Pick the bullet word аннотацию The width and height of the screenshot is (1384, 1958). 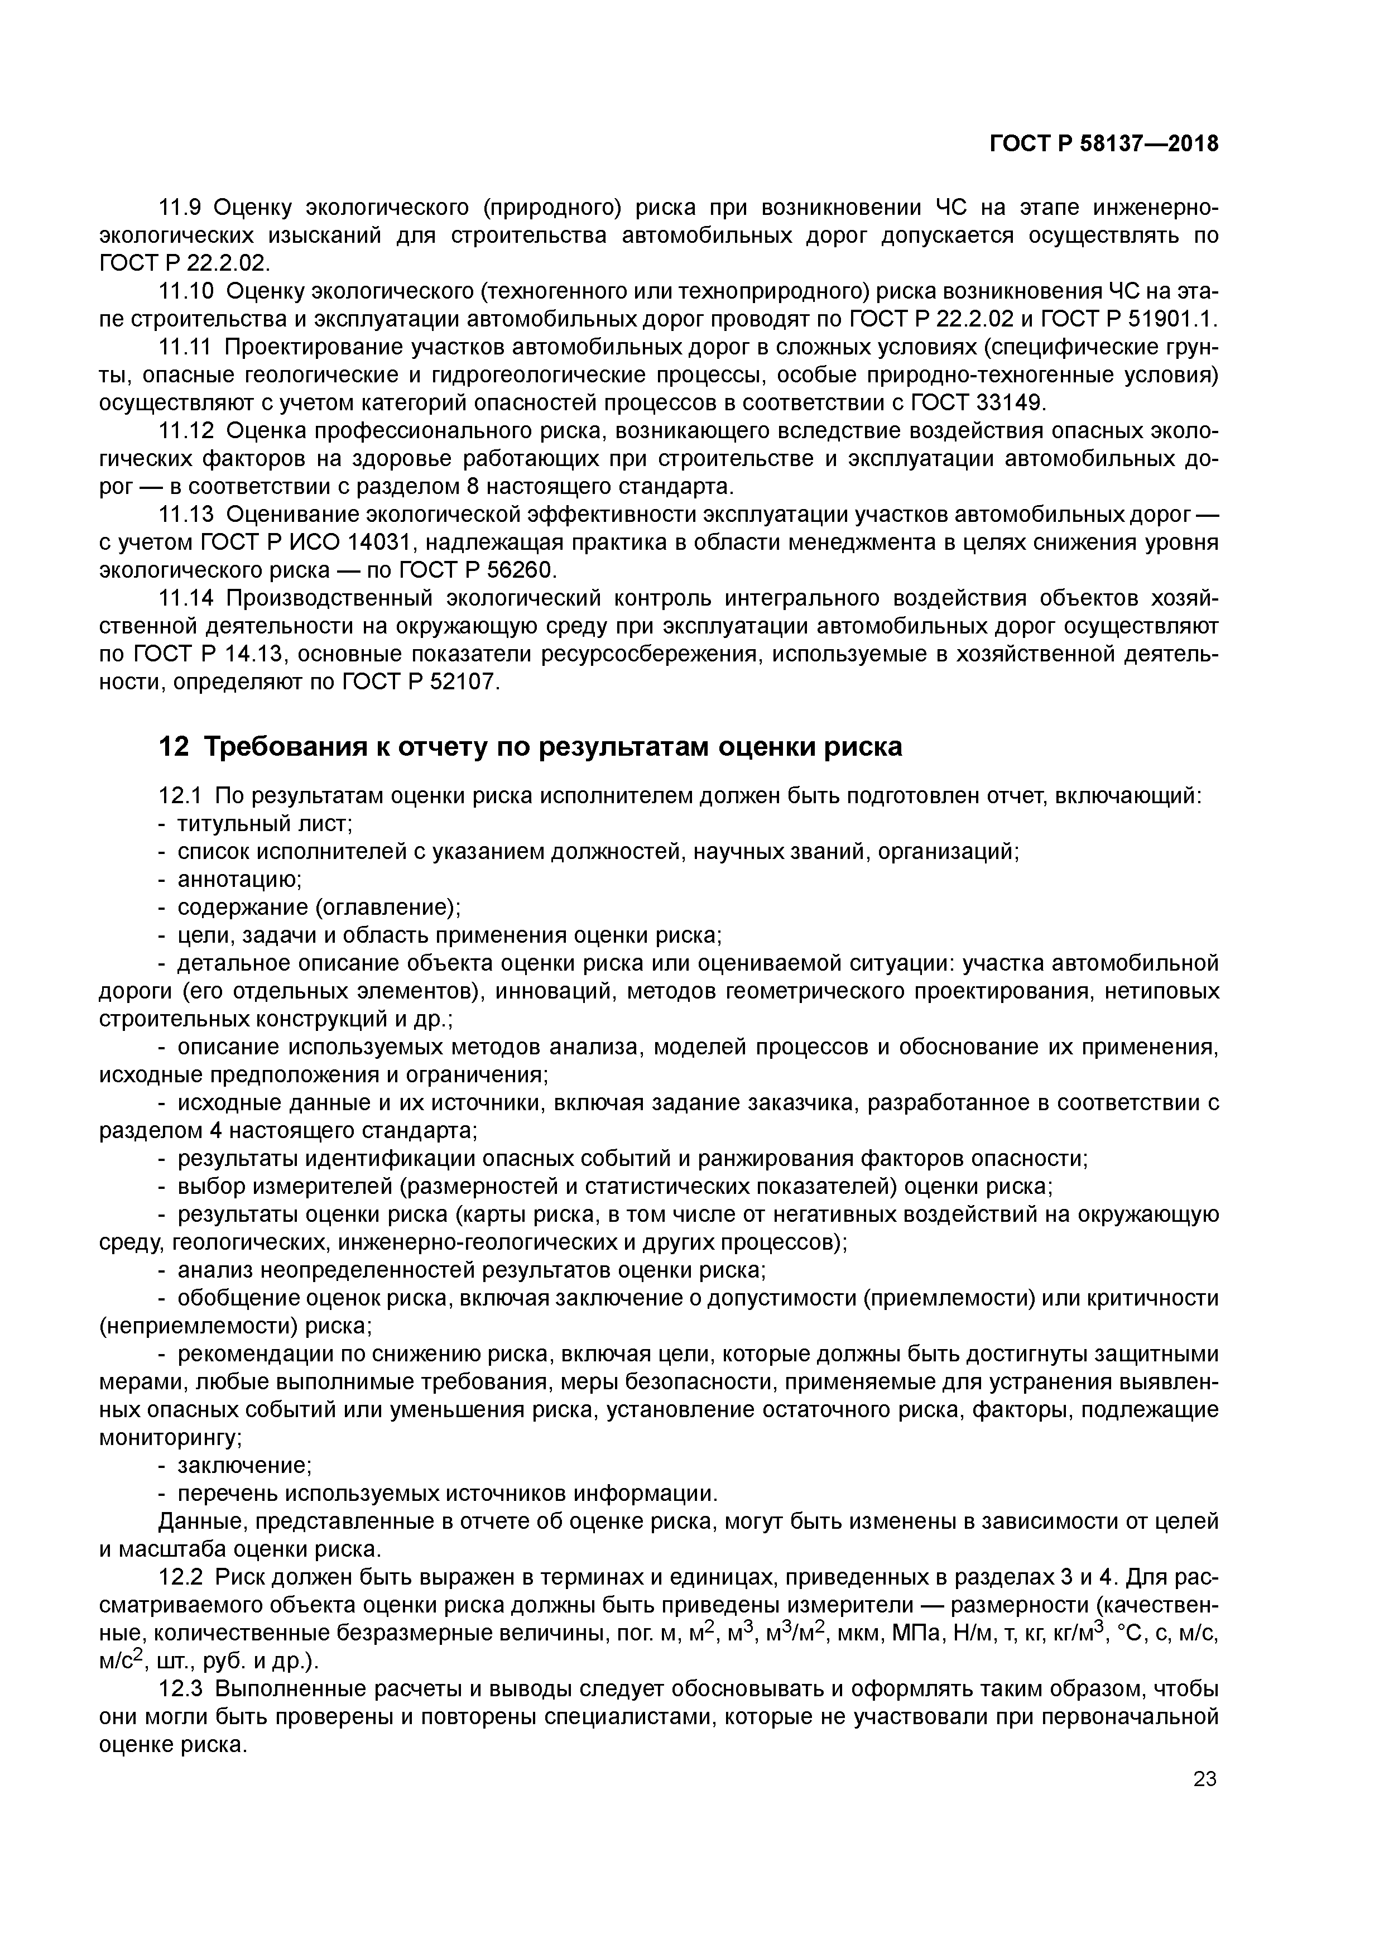click(239, 879)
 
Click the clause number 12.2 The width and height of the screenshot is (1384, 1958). click(181, 1578)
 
